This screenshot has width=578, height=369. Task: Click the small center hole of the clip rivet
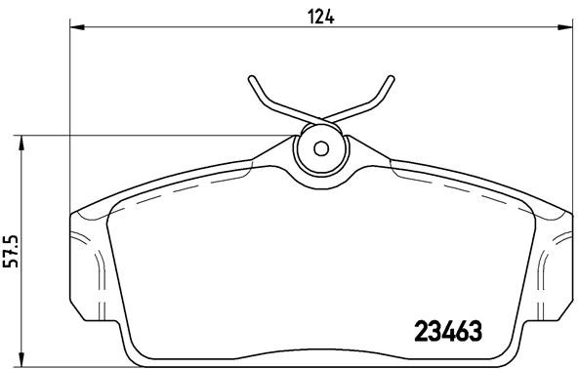[x=321, y=149]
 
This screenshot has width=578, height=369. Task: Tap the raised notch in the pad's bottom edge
[x=322, y=355]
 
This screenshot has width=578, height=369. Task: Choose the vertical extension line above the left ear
[x=71, y=117]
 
